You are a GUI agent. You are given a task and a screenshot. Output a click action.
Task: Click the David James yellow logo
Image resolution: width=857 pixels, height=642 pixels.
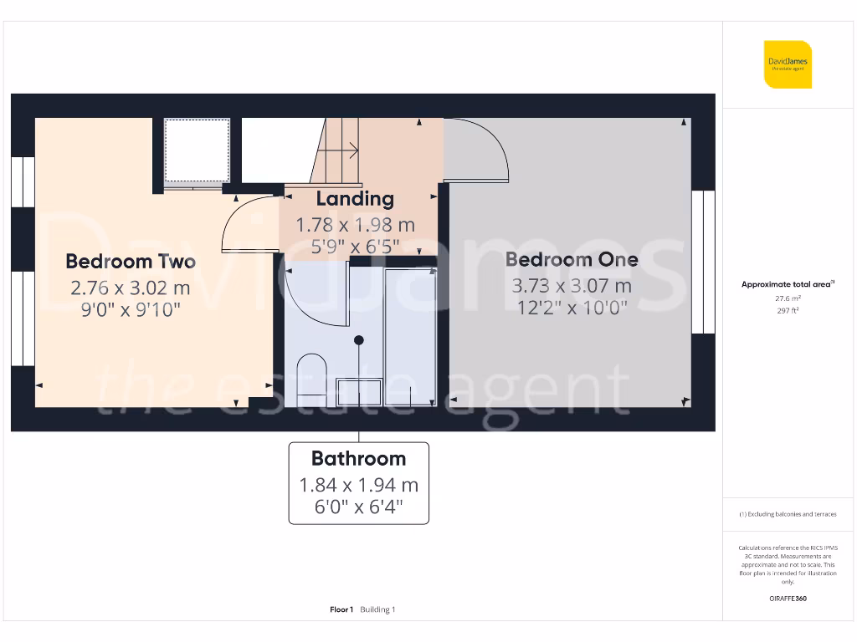[788, 64]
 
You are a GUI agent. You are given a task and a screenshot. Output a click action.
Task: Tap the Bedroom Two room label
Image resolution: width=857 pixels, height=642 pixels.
[131, 262]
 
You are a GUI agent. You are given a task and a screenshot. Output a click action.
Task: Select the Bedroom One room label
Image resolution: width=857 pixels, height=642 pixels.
[572, 260]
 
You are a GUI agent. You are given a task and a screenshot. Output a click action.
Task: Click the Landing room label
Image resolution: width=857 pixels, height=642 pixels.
[355, 199]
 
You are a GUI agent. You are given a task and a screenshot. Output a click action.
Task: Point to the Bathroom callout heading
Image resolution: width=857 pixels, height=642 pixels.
[358, 458]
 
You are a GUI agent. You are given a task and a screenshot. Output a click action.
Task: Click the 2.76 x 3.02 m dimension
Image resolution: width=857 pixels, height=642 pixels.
[131, 288]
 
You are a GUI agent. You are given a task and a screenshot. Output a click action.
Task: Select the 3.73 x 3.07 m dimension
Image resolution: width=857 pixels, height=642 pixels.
[572, 286]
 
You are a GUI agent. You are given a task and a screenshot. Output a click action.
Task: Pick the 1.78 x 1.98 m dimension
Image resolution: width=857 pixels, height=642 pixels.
[355, 225]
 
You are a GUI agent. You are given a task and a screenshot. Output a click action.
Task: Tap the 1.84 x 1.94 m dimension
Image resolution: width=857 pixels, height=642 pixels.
[358, 485]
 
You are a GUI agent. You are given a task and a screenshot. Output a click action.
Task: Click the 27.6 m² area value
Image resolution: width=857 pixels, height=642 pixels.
[787, 298]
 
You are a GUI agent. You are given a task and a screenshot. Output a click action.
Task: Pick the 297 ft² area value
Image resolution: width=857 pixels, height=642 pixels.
[787, 310]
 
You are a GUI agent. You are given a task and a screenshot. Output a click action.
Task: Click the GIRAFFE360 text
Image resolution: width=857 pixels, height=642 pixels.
[787, 599]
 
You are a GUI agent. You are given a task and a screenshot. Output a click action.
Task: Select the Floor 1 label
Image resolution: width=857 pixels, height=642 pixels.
[341, 609]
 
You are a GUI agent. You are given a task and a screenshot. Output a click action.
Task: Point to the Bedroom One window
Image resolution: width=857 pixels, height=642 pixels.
[703, 262]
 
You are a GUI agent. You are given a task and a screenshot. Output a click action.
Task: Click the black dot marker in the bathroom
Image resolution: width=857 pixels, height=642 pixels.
[359, 340]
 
